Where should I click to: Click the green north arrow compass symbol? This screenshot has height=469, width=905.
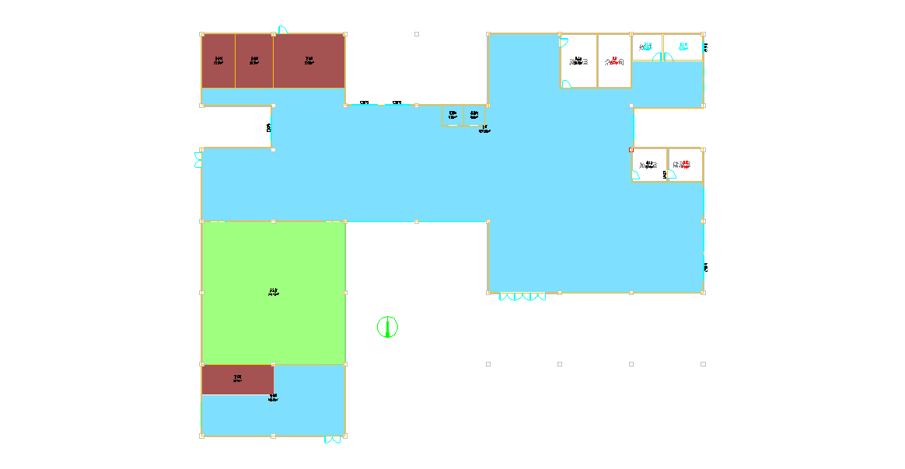(387, 327)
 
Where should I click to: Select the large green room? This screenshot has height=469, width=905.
(274, 293)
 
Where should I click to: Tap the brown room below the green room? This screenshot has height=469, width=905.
(237, 380)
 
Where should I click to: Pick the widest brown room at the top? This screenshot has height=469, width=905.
(309, 61)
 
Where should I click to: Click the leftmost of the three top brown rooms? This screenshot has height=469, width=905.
(218, 61)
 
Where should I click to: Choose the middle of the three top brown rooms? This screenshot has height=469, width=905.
(253, 61)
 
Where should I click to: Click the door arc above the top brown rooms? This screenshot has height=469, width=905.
(282, 30)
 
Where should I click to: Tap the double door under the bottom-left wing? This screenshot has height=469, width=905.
(333, 439)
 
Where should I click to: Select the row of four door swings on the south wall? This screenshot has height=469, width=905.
(522, 297)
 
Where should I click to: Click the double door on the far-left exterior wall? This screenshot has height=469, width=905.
(197, 159)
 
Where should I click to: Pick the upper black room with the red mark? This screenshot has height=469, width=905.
(614, 61)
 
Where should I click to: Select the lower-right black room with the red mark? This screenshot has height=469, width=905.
(685, 165)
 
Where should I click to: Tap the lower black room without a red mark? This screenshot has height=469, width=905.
(649, 165)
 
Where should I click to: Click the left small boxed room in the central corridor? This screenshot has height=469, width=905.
(452, 116)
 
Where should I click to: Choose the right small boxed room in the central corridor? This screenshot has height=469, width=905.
(474, 116)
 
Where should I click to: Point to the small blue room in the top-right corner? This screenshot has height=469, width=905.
(683, 47)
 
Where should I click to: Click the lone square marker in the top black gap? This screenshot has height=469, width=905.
(417, 34)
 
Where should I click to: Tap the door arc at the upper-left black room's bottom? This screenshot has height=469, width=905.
(566, 84)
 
